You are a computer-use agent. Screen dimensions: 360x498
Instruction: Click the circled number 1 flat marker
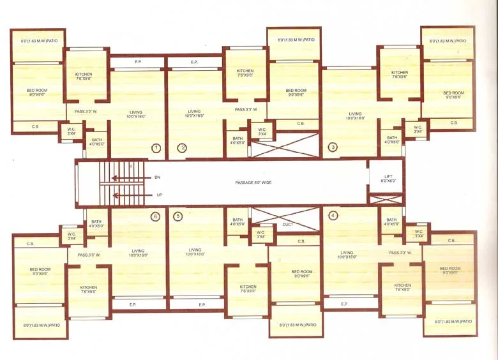point(156,148)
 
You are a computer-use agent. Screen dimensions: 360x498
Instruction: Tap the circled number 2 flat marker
point(182,148)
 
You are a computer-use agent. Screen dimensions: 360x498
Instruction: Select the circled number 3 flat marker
point(333,147)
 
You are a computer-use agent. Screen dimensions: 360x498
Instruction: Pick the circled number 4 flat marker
point(333,215)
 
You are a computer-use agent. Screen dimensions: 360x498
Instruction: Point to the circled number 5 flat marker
point(177,216)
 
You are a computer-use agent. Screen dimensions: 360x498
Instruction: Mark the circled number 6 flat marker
point(155,216)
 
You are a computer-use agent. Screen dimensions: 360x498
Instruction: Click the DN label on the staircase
point(157,177)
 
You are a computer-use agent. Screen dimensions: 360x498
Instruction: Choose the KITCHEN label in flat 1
point(84,77)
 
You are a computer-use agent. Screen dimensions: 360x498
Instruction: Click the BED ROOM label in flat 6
point(40,271)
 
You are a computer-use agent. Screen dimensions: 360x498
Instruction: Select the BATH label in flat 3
point(392,140)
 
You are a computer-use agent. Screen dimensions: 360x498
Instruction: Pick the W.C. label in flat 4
point(419,234)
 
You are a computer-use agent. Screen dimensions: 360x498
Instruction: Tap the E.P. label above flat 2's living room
point(195,62)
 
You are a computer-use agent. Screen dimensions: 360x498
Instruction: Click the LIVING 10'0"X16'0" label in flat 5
point(195,252)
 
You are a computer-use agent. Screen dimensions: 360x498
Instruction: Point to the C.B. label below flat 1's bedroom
point(36,126)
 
